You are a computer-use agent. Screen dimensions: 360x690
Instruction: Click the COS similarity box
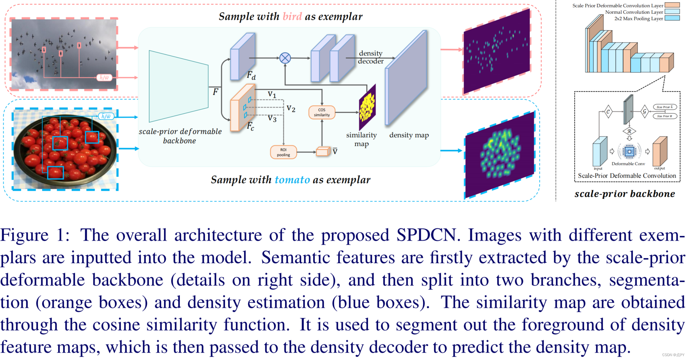[x=322, y=112]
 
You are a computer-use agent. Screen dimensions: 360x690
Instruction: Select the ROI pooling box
[x=283, y=152]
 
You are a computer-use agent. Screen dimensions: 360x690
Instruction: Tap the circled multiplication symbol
[x=285, y=58]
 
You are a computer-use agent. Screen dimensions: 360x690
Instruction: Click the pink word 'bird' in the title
[x=292, y=17]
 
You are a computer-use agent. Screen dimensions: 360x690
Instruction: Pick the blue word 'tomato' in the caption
[x=292, y=180]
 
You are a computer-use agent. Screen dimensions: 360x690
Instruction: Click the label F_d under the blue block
[x=251, y=75]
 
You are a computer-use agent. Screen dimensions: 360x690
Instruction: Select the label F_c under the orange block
[x=250, y=126]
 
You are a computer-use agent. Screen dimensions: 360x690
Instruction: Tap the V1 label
[x=272, y=94]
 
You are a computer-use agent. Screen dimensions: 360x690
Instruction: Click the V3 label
[x=272, y=119]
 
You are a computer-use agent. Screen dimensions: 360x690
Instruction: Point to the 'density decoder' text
[x=370, y=57]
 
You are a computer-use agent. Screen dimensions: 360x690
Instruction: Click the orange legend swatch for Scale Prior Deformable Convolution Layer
[x=672, y=5]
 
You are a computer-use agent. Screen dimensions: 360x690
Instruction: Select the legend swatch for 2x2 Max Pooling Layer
[x=672, y=18]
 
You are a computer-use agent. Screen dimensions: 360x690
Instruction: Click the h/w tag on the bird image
[x=104, y=78]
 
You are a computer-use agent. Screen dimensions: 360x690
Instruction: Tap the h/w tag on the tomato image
[x=106, y=116]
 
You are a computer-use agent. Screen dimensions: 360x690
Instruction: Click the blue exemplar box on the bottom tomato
[x=55, y=172]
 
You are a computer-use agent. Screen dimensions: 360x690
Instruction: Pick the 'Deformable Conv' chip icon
[x=629, y=151]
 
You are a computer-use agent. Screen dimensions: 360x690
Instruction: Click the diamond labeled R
[x=629, y=131]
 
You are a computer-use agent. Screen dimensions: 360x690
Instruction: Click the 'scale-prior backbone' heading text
[x=625, y=194]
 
